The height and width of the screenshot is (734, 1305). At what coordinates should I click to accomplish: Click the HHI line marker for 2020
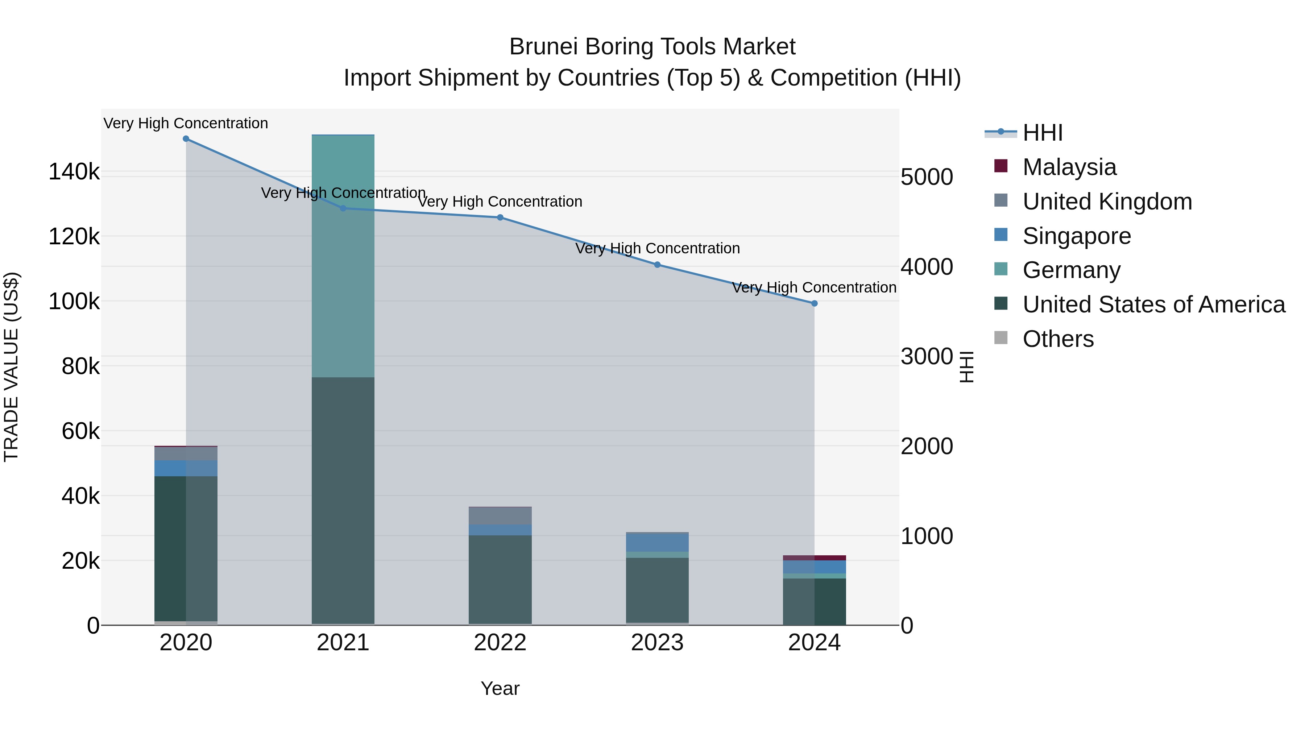(x=186, y=139)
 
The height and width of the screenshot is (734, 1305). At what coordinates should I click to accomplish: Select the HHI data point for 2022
(x=500, y=217)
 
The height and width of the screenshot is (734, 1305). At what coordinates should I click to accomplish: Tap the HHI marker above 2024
(x=814, y=303)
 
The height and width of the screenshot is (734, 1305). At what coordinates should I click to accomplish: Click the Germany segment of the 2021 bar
(x=343, y=256)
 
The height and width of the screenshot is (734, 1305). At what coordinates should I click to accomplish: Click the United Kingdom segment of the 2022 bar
(x=500, y=516)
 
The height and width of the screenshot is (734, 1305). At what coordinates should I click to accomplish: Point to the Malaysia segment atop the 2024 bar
(x=814, y=558)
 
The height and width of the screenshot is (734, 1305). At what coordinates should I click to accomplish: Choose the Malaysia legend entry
(x=1069, y=167)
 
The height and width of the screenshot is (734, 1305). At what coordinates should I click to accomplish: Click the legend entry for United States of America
(x=1153, y=304)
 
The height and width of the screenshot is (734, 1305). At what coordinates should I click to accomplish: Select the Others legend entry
(x=1058, y=339)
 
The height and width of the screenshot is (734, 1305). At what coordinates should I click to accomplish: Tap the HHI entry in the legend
(x=1042, y=133)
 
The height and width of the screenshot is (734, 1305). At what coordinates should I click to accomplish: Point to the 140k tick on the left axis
(x=74, y=172)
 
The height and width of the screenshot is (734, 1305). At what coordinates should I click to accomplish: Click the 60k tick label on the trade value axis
(x=80, y=432)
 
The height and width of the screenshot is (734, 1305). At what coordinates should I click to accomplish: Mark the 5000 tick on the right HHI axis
(x=927, y=177)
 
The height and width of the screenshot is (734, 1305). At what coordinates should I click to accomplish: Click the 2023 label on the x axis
(x=657, y=643)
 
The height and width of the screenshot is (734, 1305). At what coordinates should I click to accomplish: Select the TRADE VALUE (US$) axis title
(x=11, y=367)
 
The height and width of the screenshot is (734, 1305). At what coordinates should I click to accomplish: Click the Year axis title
(x=500, y=688)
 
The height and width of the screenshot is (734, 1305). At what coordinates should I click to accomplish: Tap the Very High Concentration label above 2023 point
(x=657, y=248)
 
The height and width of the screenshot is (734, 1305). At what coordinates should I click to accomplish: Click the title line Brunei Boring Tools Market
(x=652, y=47)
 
